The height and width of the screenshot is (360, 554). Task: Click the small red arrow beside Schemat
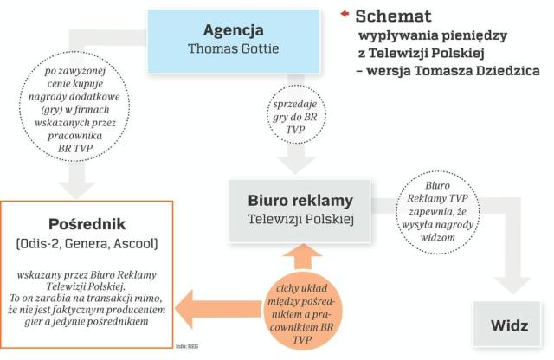(x=345, y=14)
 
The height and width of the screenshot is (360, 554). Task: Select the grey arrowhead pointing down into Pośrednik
(x=77, y=183)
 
